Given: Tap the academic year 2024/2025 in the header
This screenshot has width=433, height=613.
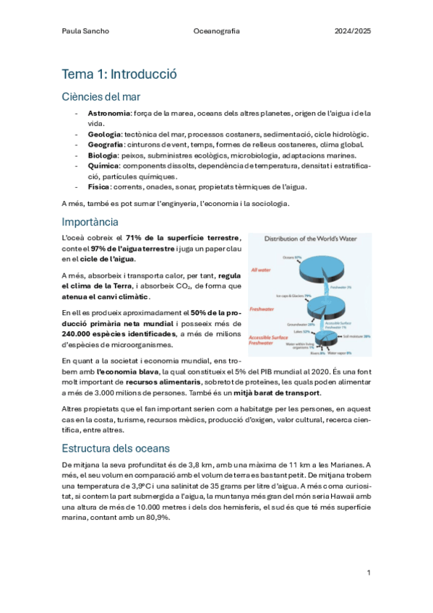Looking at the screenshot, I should point(352,32).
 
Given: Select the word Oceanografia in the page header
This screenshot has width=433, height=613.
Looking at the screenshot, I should point(217,32).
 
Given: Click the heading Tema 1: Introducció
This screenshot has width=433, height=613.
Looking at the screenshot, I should point(119,74).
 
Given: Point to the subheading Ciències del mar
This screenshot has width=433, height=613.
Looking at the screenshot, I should point(101,97).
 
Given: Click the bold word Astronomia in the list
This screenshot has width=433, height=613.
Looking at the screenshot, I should point(108,113).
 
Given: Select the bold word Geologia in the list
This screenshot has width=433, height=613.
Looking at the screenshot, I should point(104,134).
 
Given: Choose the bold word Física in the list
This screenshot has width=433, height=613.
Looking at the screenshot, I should point(100,187).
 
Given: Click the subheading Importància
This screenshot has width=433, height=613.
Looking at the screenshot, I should point(90,221).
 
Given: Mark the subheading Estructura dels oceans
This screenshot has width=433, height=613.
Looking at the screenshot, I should point(116,447).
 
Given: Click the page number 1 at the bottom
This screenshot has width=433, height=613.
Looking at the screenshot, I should point(369,573).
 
